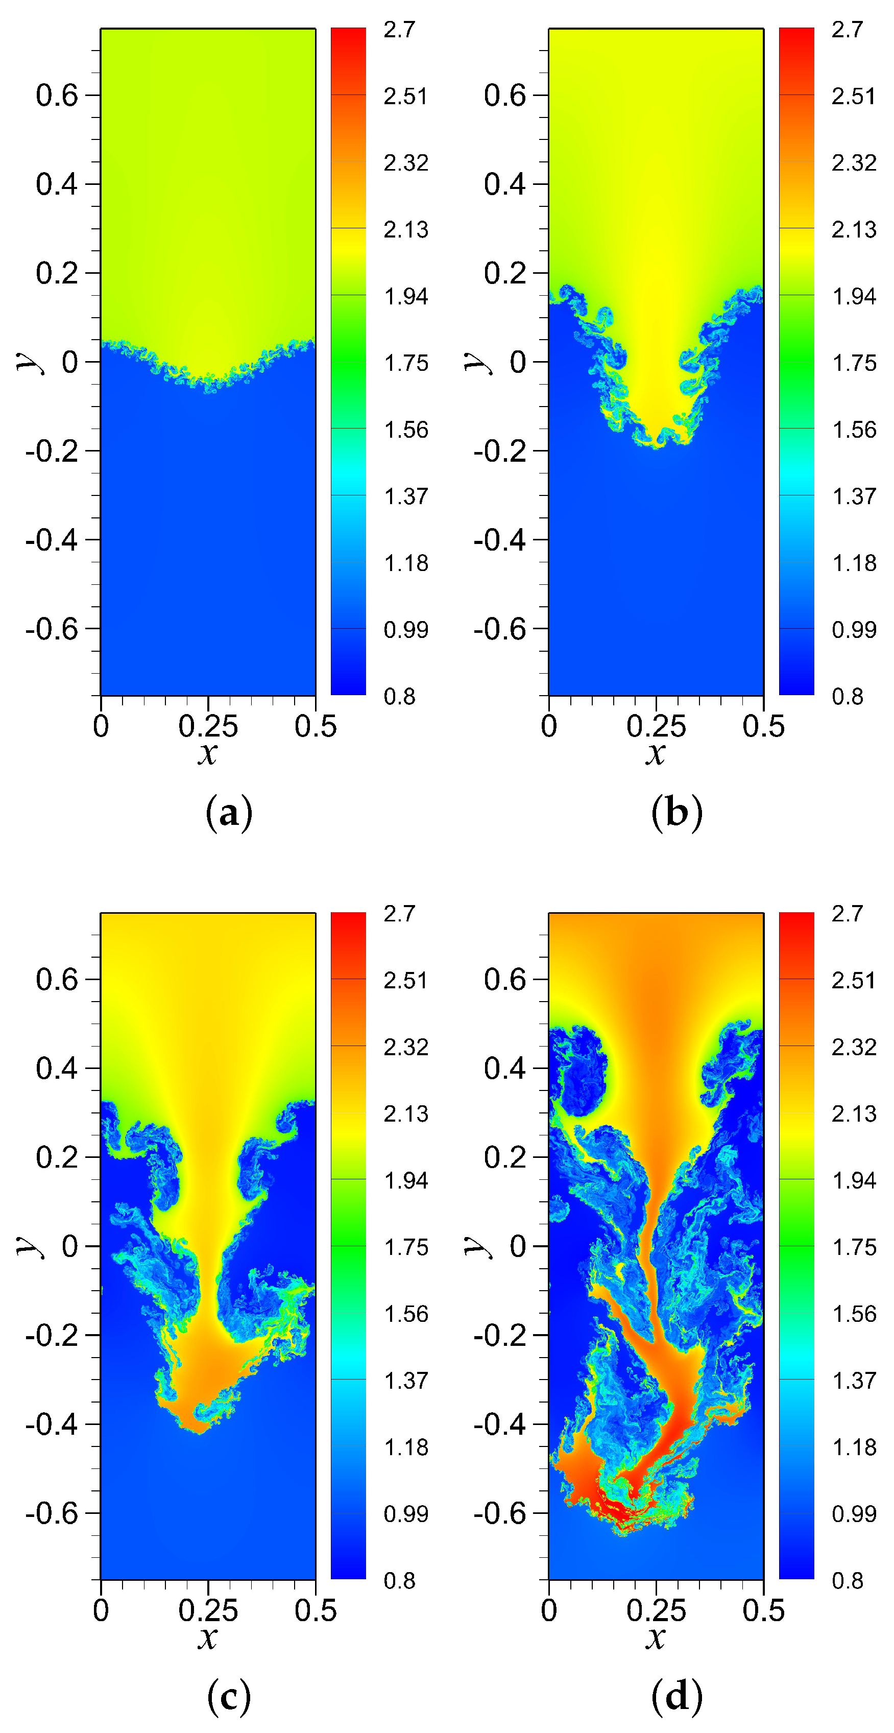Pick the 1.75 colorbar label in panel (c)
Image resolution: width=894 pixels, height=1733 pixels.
point(405,1247)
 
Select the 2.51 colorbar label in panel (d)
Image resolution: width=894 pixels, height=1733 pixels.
point(854,980)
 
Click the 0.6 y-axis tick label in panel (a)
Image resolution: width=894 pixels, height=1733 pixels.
point(57,95)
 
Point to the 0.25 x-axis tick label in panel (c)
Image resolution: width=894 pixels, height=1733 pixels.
point(208,1610)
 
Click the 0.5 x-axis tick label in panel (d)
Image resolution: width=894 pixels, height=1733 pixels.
point(763,1610)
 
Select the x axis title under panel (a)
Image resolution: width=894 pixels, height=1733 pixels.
point(208,753)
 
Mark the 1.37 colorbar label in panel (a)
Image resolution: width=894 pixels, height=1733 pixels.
point(405,496)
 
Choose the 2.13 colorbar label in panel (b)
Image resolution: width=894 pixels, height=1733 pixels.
point(854,229)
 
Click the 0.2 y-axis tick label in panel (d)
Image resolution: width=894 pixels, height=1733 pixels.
point(504,1157)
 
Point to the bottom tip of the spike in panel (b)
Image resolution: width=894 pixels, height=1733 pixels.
point(657,447)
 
